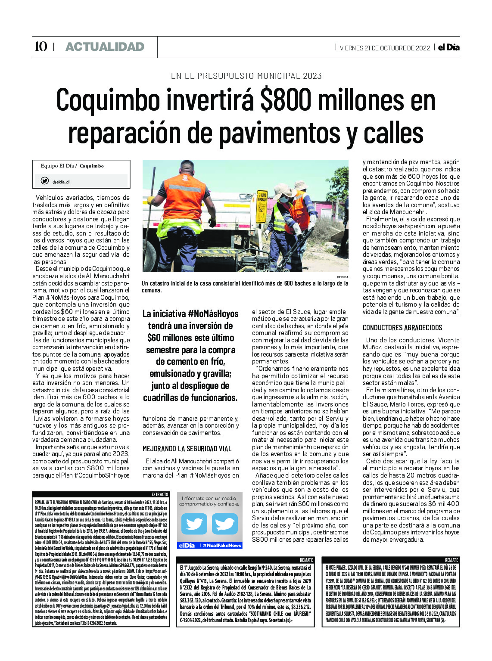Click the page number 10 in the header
(x=40, y=47)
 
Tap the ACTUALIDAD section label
(x=105, y=47)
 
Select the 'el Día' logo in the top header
(x=448, y=47)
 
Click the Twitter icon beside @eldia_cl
(x=44, y=181)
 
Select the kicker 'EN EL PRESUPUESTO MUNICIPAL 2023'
(x=246, y=76)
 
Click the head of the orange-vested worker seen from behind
(x=187, y=167)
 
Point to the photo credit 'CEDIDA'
(x=343, y=277)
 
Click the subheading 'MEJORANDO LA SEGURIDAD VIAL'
(x=187, y=449)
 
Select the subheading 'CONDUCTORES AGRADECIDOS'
(x=402, y=328)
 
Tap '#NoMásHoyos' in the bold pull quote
(x=213, y=314)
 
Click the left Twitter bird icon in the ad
(x=194, y=524)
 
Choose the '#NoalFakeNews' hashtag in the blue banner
(x=221, y=546)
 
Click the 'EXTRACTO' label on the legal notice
(x=160, y=494)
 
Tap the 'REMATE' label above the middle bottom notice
(x=306, y=560)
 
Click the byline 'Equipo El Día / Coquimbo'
(x=72, y=166)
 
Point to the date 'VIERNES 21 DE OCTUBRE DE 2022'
(x=385, y=48)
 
